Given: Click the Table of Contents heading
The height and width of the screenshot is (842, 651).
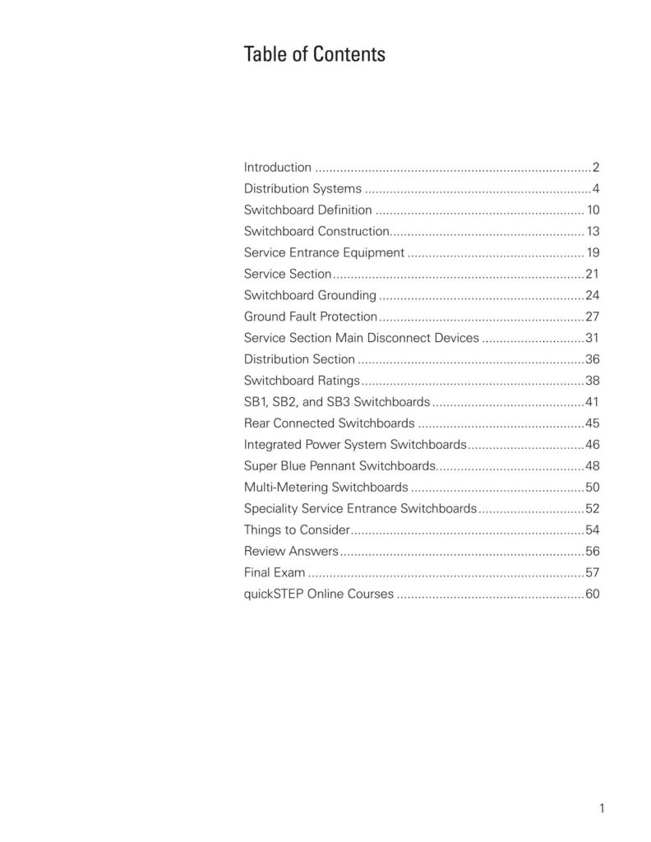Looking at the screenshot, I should coord(314,55).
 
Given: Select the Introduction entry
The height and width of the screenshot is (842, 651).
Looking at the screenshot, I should coord(278,167).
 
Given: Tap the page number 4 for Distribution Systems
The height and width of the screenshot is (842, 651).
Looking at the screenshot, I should coord(595,188).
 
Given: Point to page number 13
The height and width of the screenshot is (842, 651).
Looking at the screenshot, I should coord(592,231).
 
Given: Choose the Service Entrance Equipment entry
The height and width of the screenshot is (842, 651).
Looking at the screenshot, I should coord(324,252).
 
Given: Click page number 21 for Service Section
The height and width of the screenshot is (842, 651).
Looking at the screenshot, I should coord(592,274).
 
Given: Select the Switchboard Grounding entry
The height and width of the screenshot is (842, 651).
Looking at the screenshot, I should coord(310,295).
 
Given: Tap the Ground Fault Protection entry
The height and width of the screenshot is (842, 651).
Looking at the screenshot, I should coord(311,317).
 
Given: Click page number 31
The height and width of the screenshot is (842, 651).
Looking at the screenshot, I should coord(592,338).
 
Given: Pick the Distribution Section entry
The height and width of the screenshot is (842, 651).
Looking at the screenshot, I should coord(299,359).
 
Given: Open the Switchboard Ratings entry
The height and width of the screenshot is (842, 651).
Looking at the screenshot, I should coord(302,381).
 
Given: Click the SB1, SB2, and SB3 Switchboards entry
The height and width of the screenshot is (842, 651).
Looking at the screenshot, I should coord(337,402).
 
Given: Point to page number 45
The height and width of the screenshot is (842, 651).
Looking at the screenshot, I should coord(592,423).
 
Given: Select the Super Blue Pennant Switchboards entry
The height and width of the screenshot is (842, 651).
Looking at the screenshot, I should coord(339,465).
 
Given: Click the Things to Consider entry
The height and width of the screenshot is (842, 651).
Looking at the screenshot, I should coord(298,530).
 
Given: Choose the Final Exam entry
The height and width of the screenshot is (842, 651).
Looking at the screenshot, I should coord(275,572).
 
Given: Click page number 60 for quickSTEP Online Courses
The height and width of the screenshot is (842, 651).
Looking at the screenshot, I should coord(592,594).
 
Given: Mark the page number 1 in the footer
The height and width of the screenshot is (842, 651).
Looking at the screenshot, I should coord(602,808).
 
